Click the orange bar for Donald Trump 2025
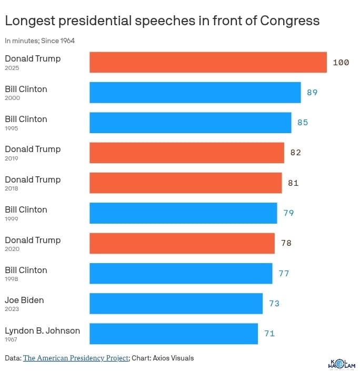208,62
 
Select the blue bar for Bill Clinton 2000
195,92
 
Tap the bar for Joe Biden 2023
176,304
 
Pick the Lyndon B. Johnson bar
174,334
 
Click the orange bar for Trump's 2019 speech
187,153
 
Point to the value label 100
341,63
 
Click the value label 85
302,123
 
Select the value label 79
288,213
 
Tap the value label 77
284,274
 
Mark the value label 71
269,334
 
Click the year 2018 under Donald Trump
12,188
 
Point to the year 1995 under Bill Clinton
12,128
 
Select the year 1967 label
12,339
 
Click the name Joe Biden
24,300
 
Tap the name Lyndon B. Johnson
42,330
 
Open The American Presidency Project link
76,358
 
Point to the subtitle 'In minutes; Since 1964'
39,41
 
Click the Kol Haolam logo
341,363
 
